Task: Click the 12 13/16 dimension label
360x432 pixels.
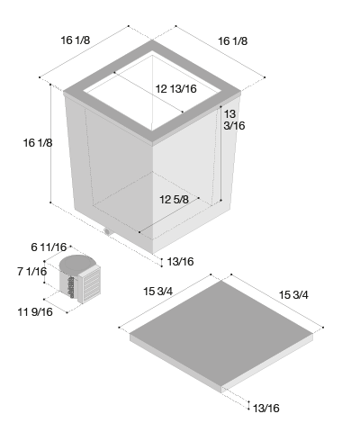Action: coord(176,89)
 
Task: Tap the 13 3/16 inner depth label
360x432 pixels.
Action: coord(234,120)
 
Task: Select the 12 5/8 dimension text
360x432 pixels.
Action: coord(174,200)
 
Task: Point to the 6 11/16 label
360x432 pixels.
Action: coord(49,247)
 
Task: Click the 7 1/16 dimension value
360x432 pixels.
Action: coord(32,272)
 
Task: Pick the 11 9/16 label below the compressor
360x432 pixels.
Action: coord(35,312)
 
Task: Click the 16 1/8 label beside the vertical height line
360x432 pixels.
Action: coord(38,143)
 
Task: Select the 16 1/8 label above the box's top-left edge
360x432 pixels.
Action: coord(76,40)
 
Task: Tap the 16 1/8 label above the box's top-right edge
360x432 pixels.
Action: coord(233,41)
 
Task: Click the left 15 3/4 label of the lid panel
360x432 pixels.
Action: coord(158,292)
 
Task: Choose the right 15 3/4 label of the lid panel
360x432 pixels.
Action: coord(293,295)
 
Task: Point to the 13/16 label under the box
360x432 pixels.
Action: coord(180,262)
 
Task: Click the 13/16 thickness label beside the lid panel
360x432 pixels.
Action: coord(266,409)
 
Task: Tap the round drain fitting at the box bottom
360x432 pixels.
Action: coord(107,231)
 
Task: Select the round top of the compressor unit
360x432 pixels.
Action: coord(76,263)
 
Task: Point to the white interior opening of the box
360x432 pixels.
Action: coord(152,92)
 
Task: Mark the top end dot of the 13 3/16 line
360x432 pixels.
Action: coord(220,106)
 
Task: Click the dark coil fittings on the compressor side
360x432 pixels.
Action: coord(71,287)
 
